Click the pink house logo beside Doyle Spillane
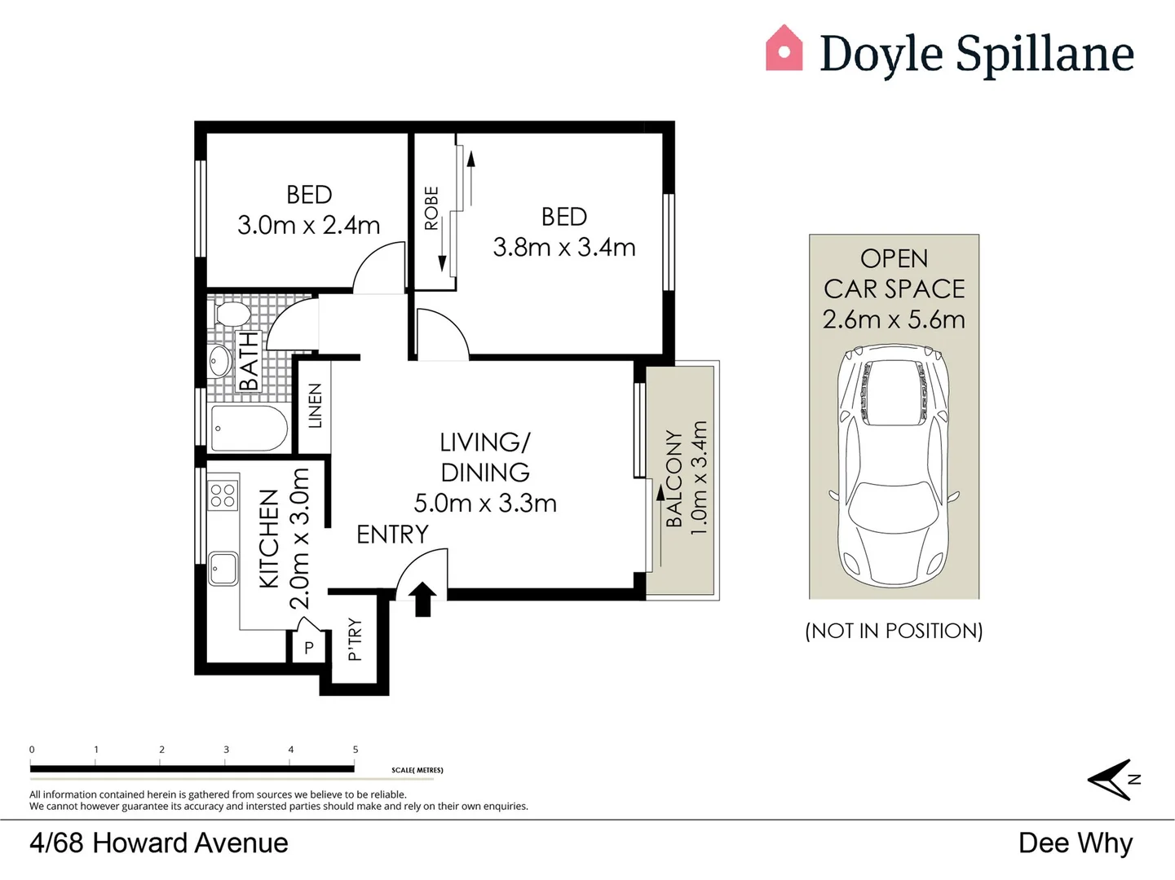click(784, 49)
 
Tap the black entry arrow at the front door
click(422, 599)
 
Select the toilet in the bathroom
click(231, 314)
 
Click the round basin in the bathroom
click(220, 361)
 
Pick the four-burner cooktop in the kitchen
click(223, 495)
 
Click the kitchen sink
click(223, 568)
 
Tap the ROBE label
click(431, 209)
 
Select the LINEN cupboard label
click(315, 406)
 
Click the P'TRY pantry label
click(355, 640)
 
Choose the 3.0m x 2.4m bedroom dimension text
click(308, 226)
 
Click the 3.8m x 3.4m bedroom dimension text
click(563, 248)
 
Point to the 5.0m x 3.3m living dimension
click(485, 504)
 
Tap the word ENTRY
click(392, 535)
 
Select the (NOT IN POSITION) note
click(894, 631)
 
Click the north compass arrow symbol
click(1111, 780)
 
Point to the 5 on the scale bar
click(356, 750)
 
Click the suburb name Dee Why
click(1075, 843)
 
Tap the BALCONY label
click(674, 479)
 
